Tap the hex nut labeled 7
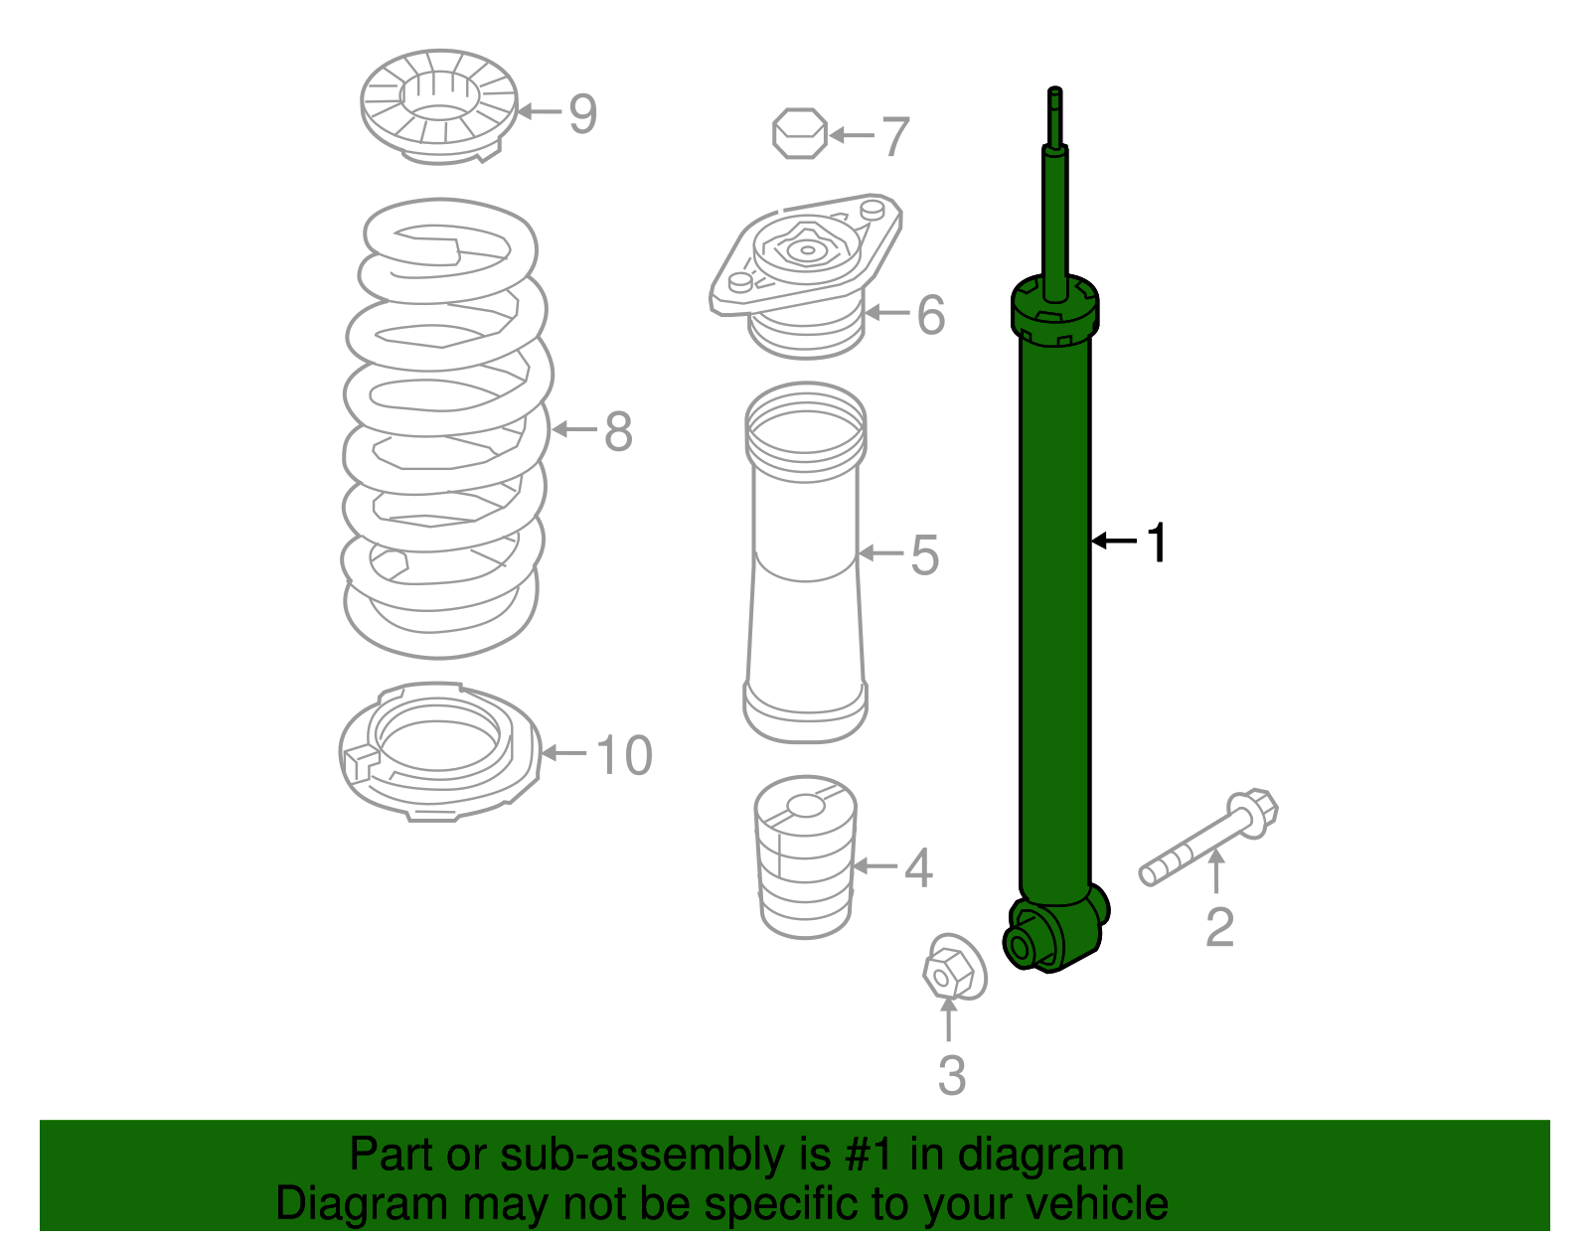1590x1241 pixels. (x=799, y=133)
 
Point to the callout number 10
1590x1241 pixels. (x=624, y=755)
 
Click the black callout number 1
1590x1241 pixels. (x=1157, y=543)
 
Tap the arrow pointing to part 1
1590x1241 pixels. (x=1114, y=541)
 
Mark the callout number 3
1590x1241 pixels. (x=951, y=1075)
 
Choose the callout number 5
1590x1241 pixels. (x=924, y=554)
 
